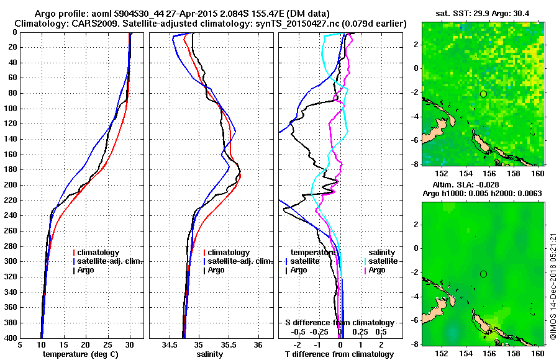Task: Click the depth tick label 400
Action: (10, 338)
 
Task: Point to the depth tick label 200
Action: (10, 185)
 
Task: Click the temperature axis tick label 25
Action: (107, 346)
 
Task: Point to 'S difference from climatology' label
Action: (339, 323)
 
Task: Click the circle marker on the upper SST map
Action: (483, 94)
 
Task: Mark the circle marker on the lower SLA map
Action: (483, 274)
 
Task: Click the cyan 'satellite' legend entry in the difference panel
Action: (380, 261)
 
